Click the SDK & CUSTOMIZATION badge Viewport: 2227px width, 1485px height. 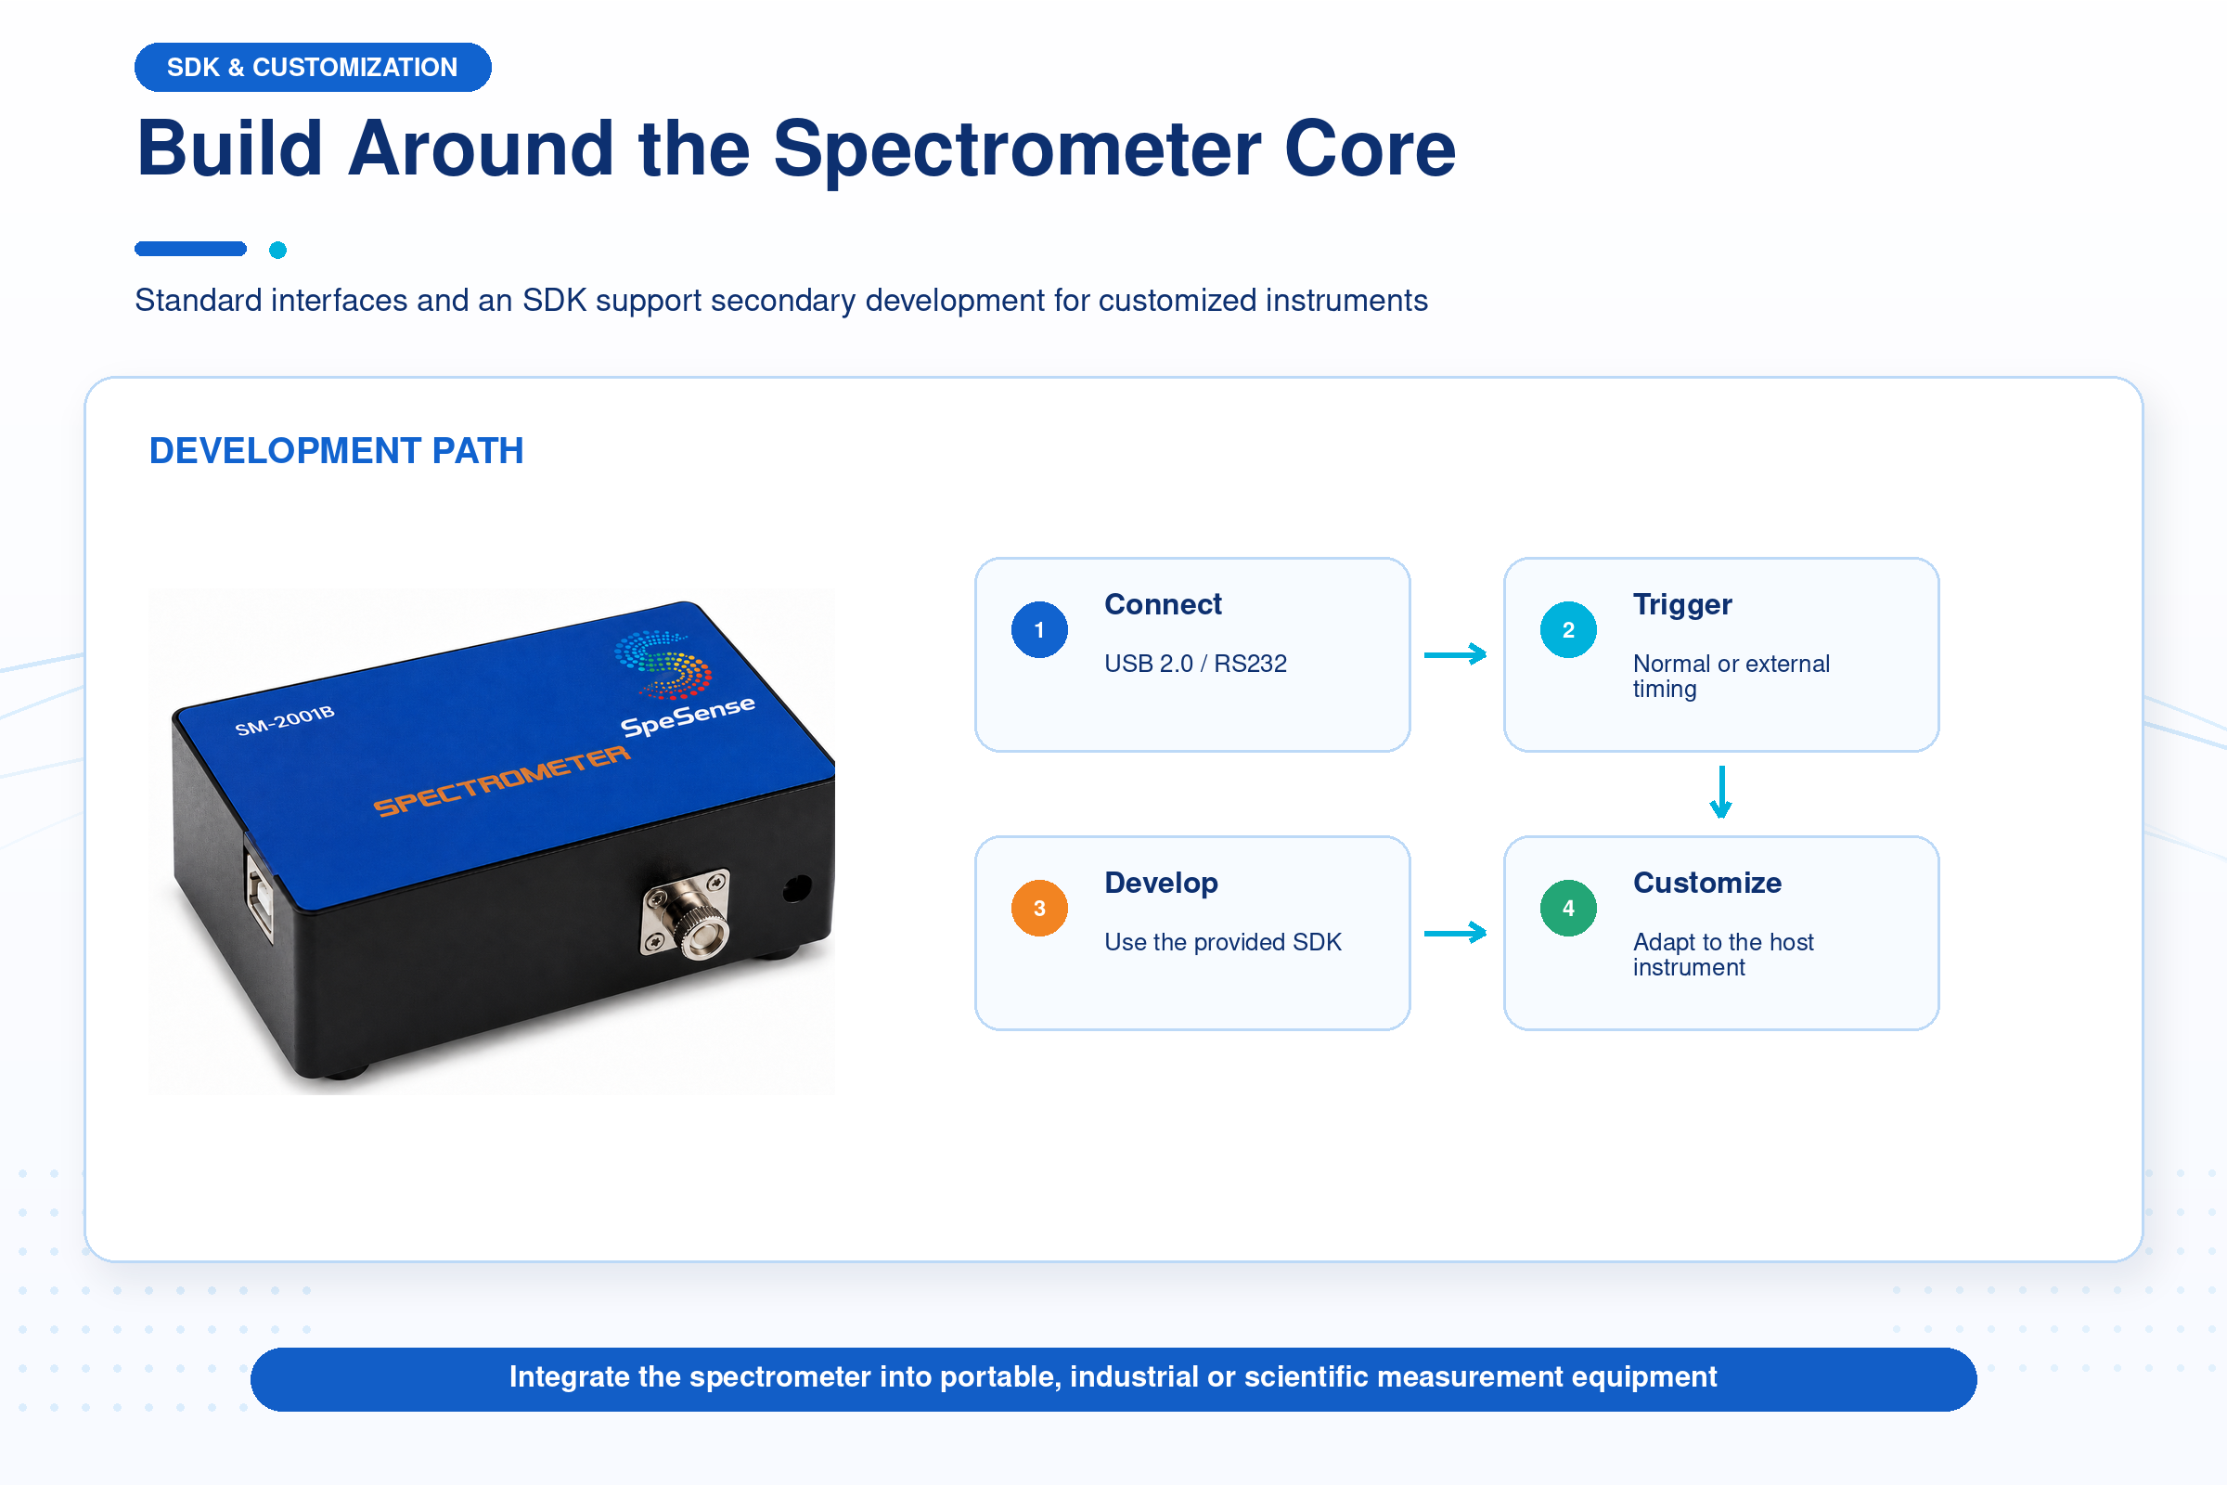(313, 67)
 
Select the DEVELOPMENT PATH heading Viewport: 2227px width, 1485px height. (336, 451)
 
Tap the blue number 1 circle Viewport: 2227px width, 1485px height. (1039, 630)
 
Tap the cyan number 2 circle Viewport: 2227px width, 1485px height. (1568, 630)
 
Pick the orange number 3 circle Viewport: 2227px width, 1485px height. (1039, 909)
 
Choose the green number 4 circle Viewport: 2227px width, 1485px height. (1568, 909)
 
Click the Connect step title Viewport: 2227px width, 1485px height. (1163, 604)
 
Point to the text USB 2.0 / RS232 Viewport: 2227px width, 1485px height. (1195, 664)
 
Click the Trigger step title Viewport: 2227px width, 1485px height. (1682, 605)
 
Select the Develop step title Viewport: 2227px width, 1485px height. (1161, 884)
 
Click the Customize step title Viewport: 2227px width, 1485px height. (1707, 883)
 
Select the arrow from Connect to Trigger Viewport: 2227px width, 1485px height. (1455, 654)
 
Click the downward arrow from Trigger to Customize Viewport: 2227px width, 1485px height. (1721, 792)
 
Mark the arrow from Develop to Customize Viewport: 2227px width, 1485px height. (1455, 933)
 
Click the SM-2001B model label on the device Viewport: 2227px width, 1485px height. (285, 720)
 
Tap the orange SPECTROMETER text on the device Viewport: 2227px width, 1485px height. (502, 781)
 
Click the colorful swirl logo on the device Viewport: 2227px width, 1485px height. (663, 664)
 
